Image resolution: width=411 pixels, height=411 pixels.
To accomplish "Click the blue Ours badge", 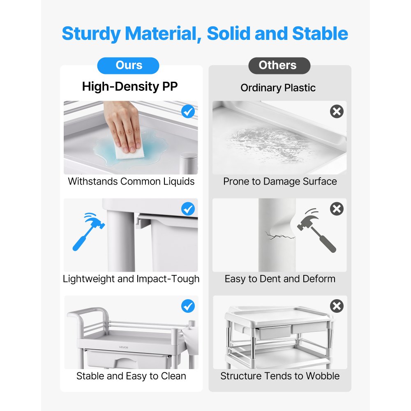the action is pyautogui.click(x=128, y=65).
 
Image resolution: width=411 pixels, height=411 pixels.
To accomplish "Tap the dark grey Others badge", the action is pyautogui.click(x=279, y=65).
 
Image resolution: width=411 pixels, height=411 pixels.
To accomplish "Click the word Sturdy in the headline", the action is pyautogui.click(x=91, y=34).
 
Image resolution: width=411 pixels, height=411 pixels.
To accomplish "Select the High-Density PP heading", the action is pyautogui.click(x=130, y=86).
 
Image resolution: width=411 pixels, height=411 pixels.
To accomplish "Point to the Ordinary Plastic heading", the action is pyautogui.click(x=278, y=88).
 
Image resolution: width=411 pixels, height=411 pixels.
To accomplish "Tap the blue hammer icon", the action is pyautogui.click(x=88, y=231).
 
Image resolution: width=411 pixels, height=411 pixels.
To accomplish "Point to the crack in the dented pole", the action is pyautogui.click(x=279, y=236).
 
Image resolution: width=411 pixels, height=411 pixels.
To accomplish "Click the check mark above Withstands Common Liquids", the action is pyautogui.click(x=188, y=111).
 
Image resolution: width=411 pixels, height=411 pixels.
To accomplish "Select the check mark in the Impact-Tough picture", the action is pyautogui.click(x=188, y=209).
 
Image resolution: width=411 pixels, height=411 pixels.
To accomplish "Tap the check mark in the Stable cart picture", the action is pyautogui.click(x=188, y=306).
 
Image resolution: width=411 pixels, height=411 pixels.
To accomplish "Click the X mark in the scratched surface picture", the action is pyautogui.click(x=337, y=111).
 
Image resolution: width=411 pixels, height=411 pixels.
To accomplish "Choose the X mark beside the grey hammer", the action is pyautogui.click(x=337, y=209).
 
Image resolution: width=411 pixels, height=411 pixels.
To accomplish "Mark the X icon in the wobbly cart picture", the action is pyautogui.click(x=337, y=306).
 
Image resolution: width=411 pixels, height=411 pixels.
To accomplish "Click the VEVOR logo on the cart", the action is pyautogui.click(x=123, y=347).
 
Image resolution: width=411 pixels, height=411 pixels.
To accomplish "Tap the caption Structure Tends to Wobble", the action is pyautogui.click(x=280, y=376).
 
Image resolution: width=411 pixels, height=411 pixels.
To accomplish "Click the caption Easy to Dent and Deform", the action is pyautogui.click(x=280, y=279).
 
